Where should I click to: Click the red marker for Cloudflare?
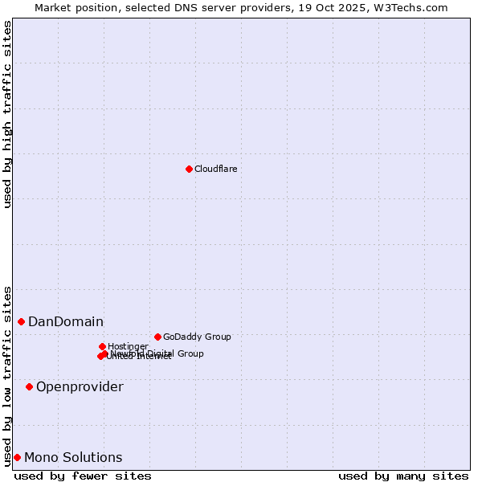(x=189, y=169)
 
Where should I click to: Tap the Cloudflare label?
(x=215, y=169)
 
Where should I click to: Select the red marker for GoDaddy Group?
(x=157, y=337)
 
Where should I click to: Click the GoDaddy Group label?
(x=197, y=337)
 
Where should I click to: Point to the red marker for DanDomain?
(x=21, y=321)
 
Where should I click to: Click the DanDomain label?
(x=66, y=322)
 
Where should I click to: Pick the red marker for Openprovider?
(x=29, y=386)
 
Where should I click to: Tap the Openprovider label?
(x=80, y=387)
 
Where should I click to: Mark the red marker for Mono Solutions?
(x=17, y=457)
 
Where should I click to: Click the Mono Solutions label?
(x=73, y=458)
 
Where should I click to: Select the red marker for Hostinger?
(x=102, y=346)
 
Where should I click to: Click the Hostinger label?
(x=128, y=346)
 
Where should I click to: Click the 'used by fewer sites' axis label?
(x=83, y=476)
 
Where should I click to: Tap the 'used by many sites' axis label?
(x=403, y=476)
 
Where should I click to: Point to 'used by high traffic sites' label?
(x=7, y=114)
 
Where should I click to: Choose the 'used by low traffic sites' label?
(x=7, y=375)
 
